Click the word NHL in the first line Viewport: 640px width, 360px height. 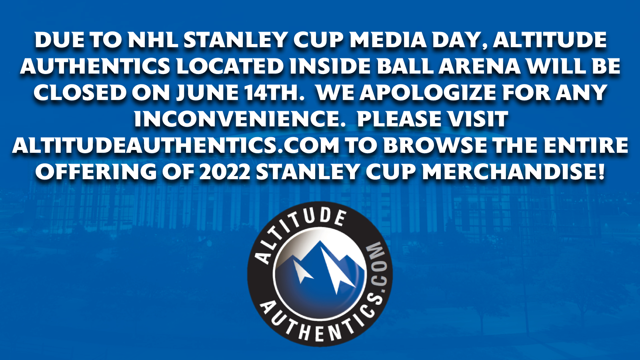coord(153,40)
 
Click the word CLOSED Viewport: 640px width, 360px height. coord(80,93)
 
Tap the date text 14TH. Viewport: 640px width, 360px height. coord(272,93)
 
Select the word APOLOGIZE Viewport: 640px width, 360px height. coord(428,93)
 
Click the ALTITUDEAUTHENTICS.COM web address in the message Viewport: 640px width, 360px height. coord(176,146)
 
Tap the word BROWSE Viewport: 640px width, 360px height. coord(436,146)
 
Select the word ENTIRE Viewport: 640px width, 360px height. coord(586,146)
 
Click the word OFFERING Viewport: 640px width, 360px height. coord(96,172)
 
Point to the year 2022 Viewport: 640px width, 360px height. coord(224,172)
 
